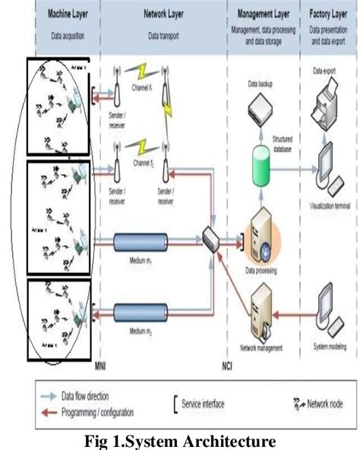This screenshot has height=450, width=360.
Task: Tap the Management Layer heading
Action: [x=262, y=14]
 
